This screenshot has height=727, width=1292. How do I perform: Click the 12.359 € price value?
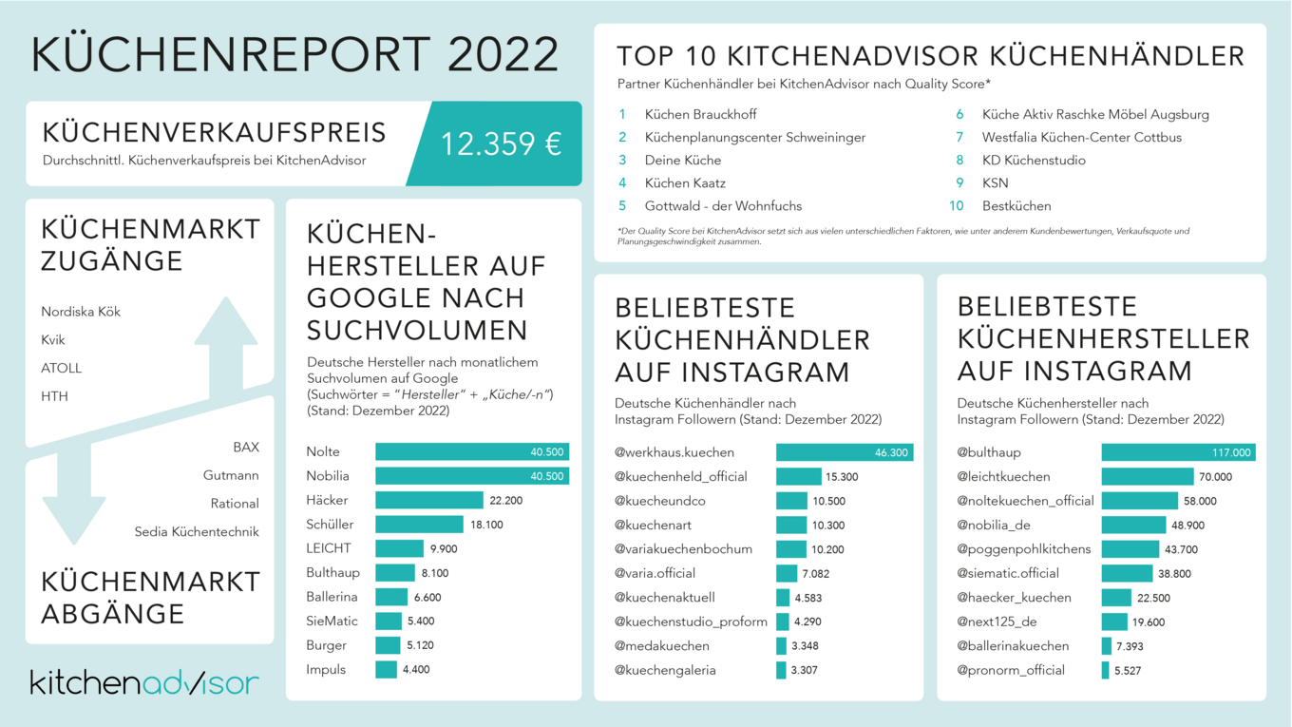tap(501, 143)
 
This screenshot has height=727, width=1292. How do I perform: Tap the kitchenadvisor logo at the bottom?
tap(144, 682)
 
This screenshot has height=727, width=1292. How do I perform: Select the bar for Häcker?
tap(429, 500)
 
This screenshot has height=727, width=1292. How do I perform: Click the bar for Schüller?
tap(419, 525)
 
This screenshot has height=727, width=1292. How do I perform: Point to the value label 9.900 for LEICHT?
tap(444, 548)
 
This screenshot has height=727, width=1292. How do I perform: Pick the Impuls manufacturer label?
tap(326, 670)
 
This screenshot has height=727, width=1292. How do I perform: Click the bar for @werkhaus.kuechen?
tap(845, 452)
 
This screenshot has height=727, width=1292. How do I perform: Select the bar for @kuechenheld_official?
tap(798, 477)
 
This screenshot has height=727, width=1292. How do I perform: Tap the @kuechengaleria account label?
tap(665, 671)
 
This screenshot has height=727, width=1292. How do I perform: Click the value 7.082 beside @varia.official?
tap(815, 574)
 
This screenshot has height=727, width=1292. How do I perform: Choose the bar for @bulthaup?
tap(1178, 452)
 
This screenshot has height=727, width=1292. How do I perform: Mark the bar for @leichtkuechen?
tap(1148, 477)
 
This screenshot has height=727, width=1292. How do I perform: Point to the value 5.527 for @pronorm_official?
tap(1128, 671)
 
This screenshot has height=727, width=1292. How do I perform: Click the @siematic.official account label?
tap(1008, 574)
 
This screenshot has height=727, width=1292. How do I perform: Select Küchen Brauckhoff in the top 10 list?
tap(701, 114)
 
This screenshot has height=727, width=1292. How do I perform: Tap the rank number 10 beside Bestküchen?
tap(957, 206)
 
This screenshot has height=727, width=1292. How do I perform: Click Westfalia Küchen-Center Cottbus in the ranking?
tap(1082, 137)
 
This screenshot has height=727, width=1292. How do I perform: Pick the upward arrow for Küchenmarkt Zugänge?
tap(226, 346)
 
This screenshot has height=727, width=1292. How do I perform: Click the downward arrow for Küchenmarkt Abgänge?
tap(74, 495)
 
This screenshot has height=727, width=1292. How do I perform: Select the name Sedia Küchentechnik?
tap(197, 532)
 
